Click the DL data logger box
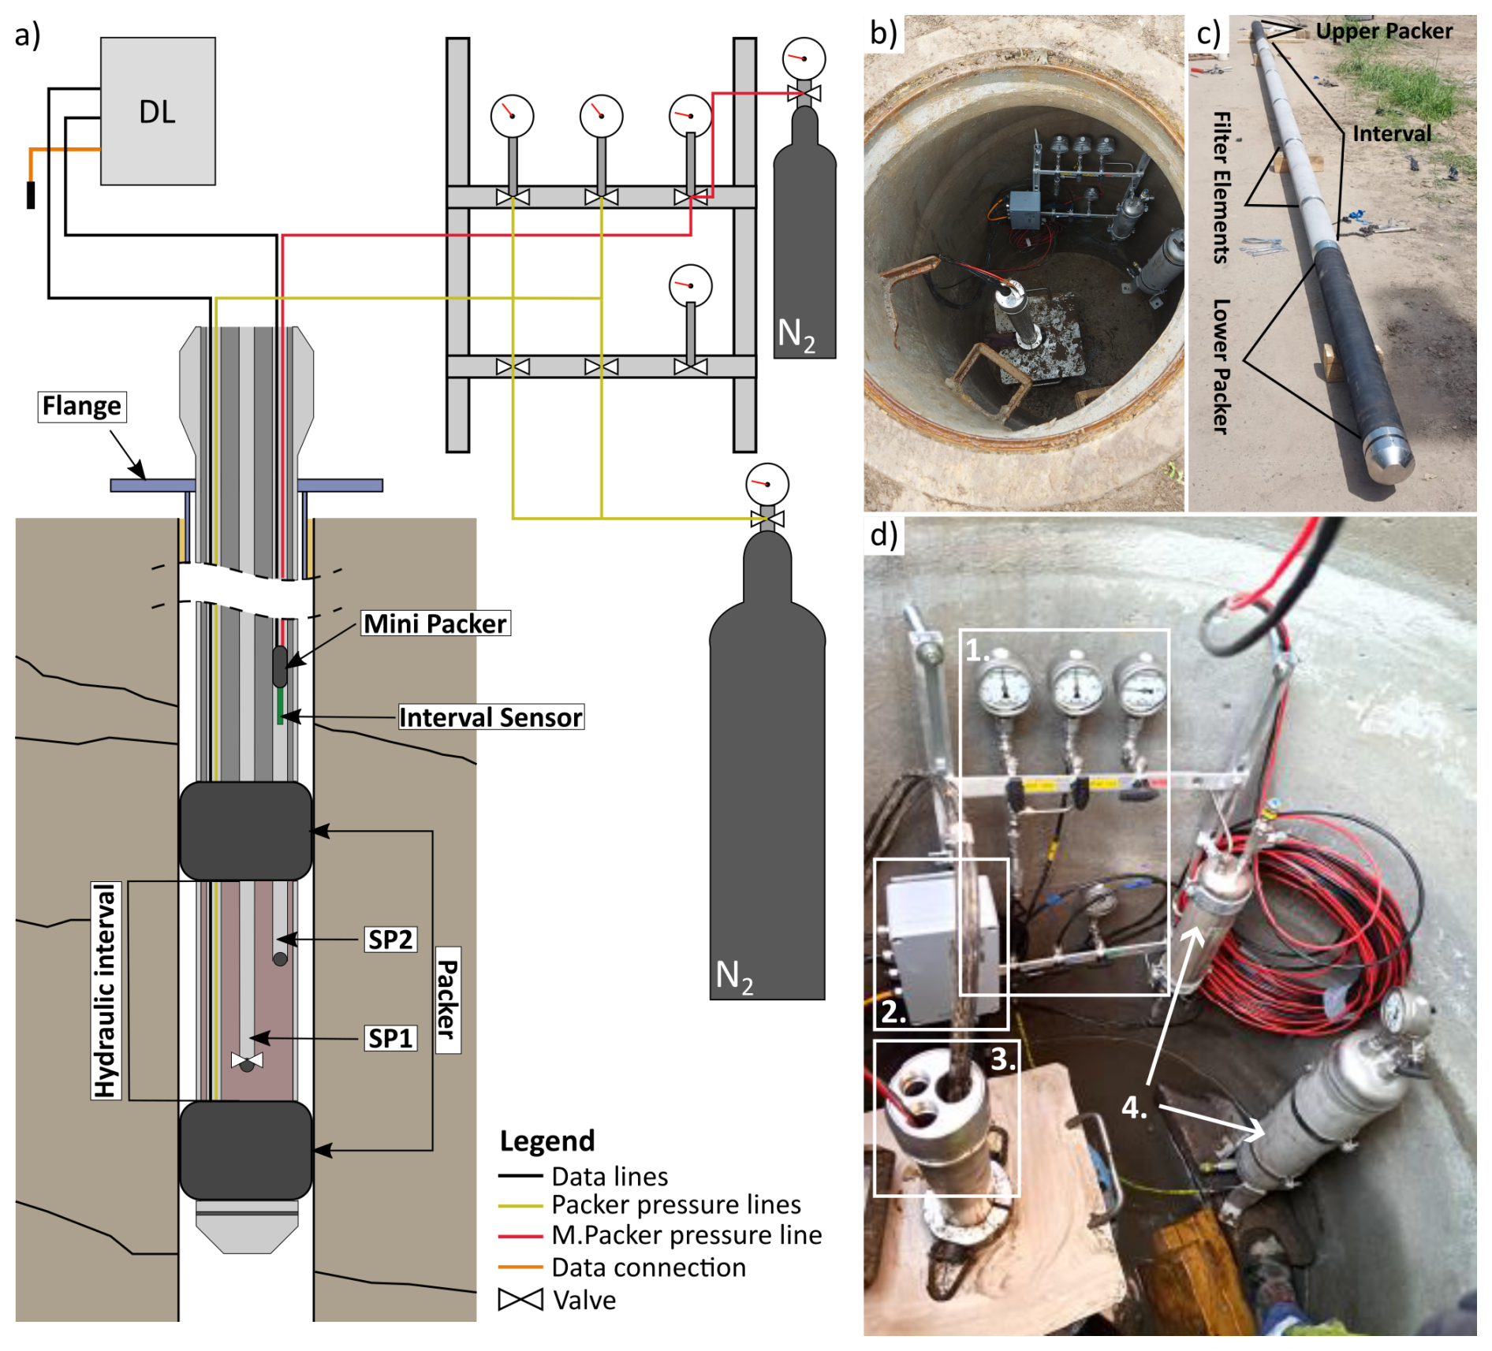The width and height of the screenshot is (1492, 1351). [x=158, y=111]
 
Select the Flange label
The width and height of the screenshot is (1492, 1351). [x=82, y=406]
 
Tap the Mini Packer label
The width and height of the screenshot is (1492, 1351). [x=435, y=623]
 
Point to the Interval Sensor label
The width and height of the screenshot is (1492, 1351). [x=490, y=717]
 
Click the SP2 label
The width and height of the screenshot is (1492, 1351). [x=390, y=940]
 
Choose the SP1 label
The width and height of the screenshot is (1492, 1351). [x=390, y=1038]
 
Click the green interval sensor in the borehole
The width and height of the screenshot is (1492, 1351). [x=280, y=706]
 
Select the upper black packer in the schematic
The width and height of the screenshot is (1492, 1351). [x=246, y=831]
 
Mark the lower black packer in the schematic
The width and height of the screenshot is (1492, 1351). [x=246, y=1150]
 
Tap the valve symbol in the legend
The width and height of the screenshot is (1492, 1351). [x=520, y=1300]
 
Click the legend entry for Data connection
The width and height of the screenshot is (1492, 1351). [x=648, y=1267]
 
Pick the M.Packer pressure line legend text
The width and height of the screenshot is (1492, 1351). [x=686, y=1235]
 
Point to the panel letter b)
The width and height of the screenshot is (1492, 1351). [x=883, y=34]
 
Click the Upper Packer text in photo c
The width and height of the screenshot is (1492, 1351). [x=1384, y=32]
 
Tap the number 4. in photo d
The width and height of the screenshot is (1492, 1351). [x=1134, y=1107]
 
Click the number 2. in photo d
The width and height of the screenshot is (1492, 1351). [x=893, y=1011]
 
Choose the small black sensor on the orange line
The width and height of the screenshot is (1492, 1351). [x=31, y=195]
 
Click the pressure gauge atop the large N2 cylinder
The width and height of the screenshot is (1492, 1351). [x=767, y=484]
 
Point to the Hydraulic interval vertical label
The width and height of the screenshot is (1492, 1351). [x=106, y=990]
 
